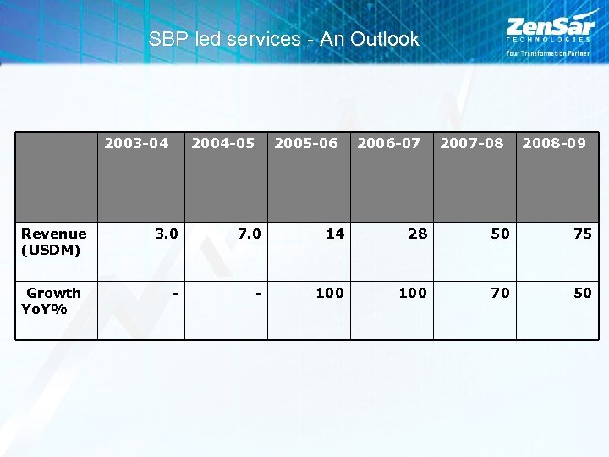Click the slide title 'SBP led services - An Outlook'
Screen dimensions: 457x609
click(x=283, y=39)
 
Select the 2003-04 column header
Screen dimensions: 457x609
click(x=136, y=143)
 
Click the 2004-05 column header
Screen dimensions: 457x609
click(x=222, y=143)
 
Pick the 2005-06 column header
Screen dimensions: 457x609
click(x=305, y=143)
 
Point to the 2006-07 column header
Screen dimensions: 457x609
click(x=388, y=143)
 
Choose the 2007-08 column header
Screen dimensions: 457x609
click(x=471, y=143)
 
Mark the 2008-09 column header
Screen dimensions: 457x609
click(x=554, y=143)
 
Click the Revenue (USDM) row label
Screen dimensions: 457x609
click(x=54, y=241)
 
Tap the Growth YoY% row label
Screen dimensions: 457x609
click(x=52, y=300)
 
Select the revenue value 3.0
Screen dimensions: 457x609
click(x=167, y=234)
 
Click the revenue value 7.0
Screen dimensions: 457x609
click(x=250, y=234)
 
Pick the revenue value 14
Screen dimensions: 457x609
click(x=335, y=234)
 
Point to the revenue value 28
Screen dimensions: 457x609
click(x=418, y=234)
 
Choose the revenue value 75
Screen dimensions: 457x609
click(x=583, y=234)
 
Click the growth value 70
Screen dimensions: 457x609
click(x=501, y=293)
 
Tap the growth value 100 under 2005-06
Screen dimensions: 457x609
click(x=330, y=293)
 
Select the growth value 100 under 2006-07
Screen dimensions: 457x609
click(x=413, y=293)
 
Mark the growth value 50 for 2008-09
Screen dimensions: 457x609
click(x=583, y=293)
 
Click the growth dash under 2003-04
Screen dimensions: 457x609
click(x=175, y=293)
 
